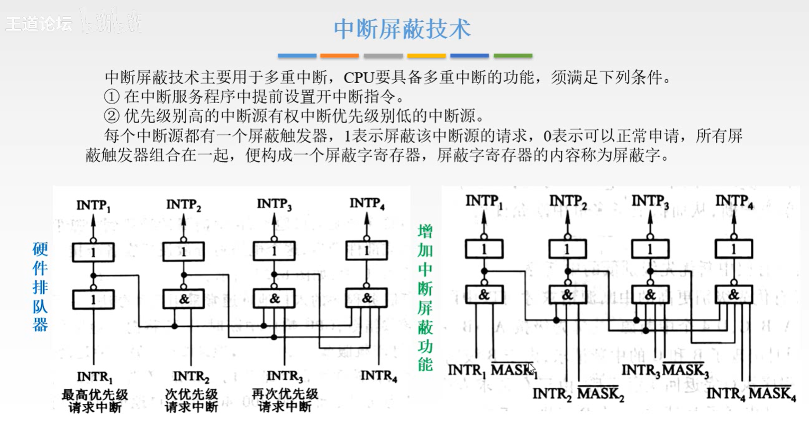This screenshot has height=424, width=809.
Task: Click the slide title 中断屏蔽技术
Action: (402, 29)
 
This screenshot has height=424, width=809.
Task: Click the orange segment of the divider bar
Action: (340, 56)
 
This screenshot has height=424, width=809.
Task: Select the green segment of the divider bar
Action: (513, 56)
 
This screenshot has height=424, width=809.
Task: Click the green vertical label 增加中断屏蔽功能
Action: (425, 298)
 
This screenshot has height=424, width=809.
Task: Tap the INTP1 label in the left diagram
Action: (94, 205)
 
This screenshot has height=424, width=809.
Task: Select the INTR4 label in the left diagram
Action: (378, 376)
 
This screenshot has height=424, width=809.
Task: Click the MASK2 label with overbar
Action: (601, 394)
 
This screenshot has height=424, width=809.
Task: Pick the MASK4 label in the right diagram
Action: (772, 394)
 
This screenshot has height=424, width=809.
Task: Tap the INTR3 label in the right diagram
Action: (640, 371)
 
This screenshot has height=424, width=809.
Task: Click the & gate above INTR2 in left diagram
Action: (184, 299)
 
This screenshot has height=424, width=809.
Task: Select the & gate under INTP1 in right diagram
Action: (484, 294)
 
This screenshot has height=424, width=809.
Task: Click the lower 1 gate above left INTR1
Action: (93, 300)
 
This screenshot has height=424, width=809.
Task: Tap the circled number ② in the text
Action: (111, 115)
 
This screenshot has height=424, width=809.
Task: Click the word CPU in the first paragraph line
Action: (359, 78)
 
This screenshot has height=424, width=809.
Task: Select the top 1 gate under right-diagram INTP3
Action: (650, 249)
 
